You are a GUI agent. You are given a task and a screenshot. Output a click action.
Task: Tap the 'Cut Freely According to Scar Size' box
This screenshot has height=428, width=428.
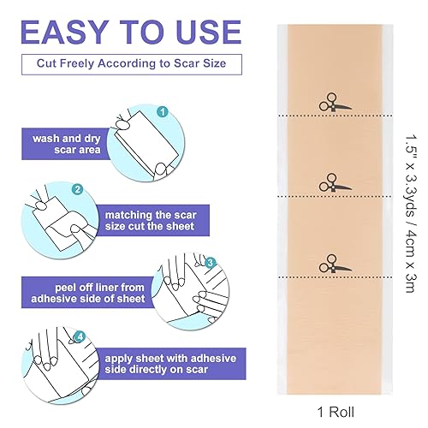[x=131, y=64]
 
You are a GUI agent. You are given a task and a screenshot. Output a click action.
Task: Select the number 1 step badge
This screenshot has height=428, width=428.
[x=162, y=110]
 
